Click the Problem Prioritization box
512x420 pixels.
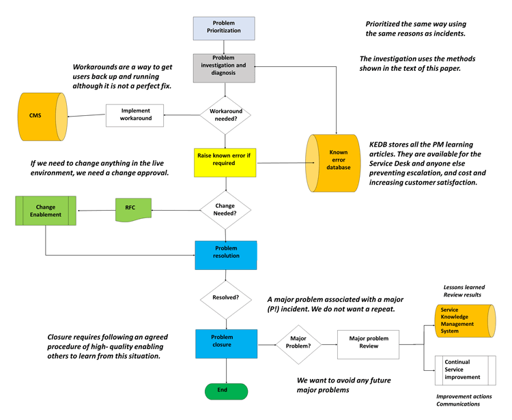pyautogui.click(x=224, y=28)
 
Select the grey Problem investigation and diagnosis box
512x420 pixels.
pyautogui.click(x=224, y=67)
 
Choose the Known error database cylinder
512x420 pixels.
pyautogui.click(x=334, y=163)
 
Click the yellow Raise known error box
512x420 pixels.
pyautogui.click(x=225, y=160)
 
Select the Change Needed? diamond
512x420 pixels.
pyautogui.click(x=225, y=209)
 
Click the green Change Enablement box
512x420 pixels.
pyautogui.click(x=46, y=211)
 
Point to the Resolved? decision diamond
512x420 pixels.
pyautogui.click(x=225, y=297)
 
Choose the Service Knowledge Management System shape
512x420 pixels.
pyautogui.click(x=465, y=321)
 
